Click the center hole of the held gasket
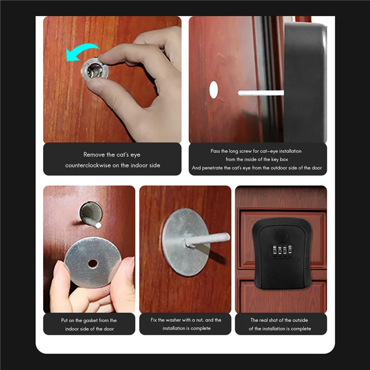pyautogui.click(x=93, y=263)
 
